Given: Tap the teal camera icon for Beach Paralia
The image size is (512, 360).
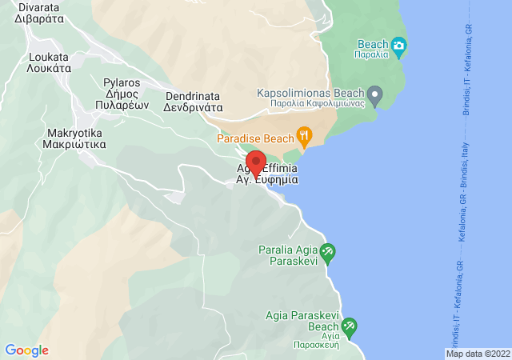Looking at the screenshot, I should (x=399, y=44).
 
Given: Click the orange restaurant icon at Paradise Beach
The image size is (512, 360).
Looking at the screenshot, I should (x=304, y=134).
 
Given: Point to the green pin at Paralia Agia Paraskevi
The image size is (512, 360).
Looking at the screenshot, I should (x=327, y=255).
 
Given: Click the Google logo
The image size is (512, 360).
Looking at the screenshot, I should (x=26, y=350).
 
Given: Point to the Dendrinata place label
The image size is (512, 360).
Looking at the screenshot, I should (x=192, y=100).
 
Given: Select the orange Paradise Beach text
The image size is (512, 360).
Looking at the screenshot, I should (x=255, y=138).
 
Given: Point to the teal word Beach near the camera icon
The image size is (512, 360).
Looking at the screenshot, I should (x=373, y=44).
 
